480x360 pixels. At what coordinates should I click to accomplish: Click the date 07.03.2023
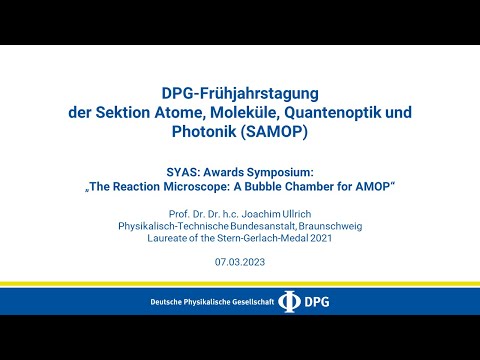[240, 262]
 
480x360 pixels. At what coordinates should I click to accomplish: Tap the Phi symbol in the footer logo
[289, 301]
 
